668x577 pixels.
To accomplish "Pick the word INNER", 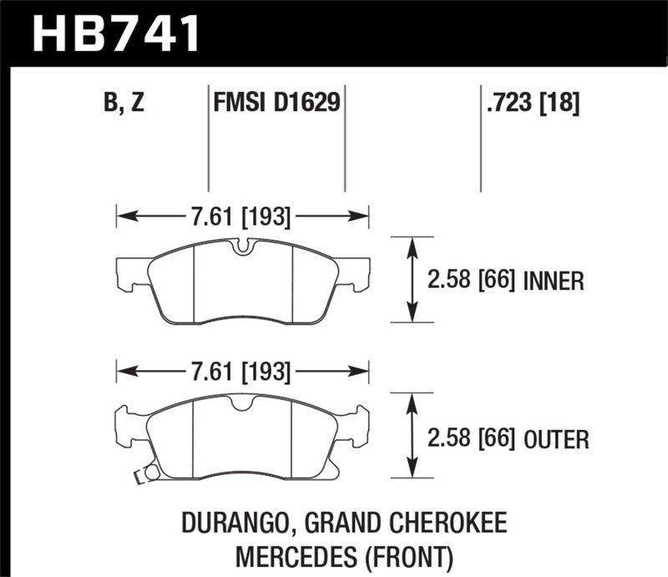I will click(x=553, y=281).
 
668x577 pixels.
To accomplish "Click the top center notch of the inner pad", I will click(x=242, y=247).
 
